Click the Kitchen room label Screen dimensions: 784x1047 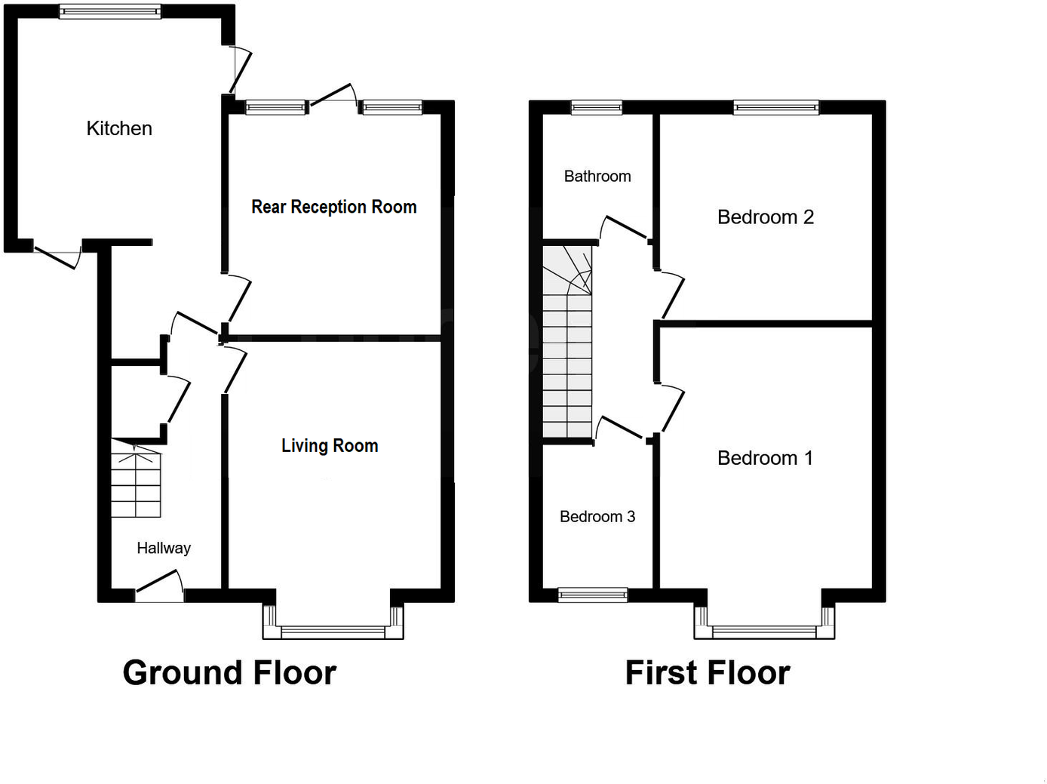click(119, 128)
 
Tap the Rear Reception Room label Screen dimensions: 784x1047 click(333, 207)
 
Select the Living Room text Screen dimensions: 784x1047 click(330, 446)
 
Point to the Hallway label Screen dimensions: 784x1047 click(164, 548)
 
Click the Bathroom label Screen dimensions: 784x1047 click(597, 176)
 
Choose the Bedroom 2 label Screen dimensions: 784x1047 click(765, 217)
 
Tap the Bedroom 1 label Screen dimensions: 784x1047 click(765, 458)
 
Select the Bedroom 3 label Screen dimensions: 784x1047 click(597, 517)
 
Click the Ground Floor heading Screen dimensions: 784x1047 click(229, 672)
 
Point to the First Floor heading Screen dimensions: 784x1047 click(708, 672)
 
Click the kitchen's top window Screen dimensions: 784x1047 click(110, 11)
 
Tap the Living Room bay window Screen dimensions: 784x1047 click(333, 632)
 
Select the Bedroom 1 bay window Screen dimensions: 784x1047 click(764, 632)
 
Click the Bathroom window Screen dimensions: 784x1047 click(597, 107)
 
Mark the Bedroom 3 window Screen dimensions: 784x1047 click(593, 595)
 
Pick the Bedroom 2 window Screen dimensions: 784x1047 click(776, 107)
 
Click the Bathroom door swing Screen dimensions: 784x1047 click(623, 229)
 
